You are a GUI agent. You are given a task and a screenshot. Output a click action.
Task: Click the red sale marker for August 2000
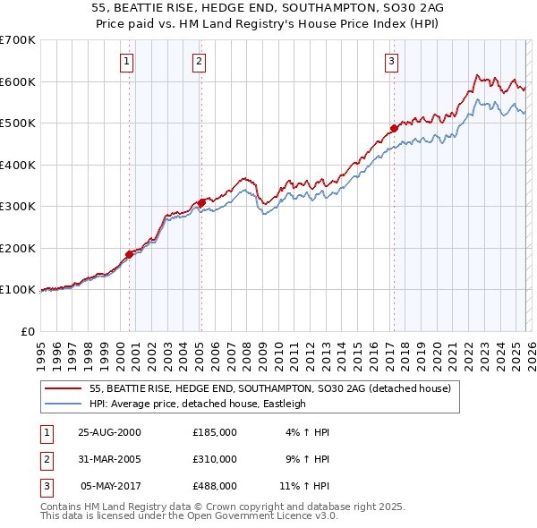coord(129,254)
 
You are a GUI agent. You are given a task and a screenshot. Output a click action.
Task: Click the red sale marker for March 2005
coord(201,202)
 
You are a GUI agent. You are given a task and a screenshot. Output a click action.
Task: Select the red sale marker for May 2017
coord(394,128)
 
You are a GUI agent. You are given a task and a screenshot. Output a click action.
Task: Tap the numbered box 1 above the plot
coord(127,62)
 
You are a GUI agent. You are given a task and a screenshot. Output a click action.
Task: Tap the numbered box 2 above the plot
coord(199,62)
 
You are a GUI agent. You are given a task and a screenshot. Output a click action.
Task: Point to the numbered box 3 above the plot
coord(391,62)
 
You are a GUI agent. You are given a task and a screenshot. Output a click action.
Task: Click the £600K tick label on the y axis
coord(17,81)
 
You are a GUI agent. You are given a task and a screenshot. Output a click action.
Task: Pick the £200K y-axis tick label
coord(17,248)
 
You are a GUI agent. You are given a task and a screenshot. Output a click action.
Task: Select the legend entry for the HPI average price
coord(198,404)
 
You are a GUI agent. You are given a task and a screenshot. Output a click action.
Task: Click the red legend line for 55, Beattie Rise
coord(64,388)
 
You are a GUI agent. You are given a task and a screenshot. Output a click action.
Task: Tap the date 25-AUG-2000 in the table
coord(110,432)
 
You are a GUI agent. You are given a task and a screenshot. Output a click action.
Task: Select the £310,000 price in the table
coord(215,459)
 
